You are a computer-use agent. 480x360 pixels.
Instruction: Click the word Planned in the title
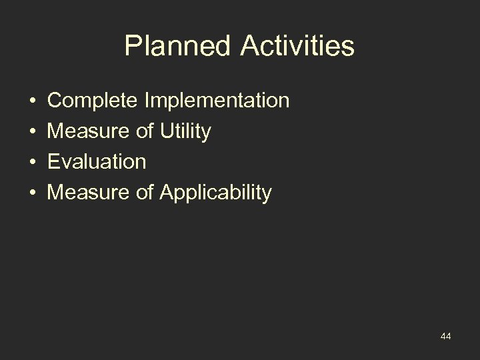[175, 47]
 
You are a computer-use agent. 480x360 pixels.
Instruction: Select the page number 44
[445, 337]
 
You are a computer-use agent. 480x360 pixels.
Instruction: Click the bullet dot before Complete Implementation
[33, 101]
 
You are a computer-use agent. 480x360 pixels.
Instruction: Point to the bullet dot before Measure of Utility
[33, 132]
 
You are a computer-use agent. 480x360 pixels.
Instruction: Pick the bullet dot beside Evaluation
[33, 163]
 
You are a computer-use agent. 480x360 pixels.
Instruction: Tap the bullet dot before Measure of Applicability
[33, 193]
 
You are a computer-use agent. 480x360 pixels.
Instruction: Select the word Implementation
[215, 101]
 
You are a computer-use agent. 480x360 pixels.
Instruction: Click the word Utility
[186, 132]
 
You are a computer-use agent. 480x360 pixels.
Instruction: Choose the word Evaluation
[97, 163]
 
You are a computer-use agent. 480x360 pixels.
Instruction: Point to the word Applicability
[215, 193]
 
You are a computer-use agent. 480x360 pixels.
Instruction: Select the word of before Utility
[145, 132]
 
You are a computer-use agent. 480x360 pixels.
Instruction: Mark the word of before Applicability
[145, 193]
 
